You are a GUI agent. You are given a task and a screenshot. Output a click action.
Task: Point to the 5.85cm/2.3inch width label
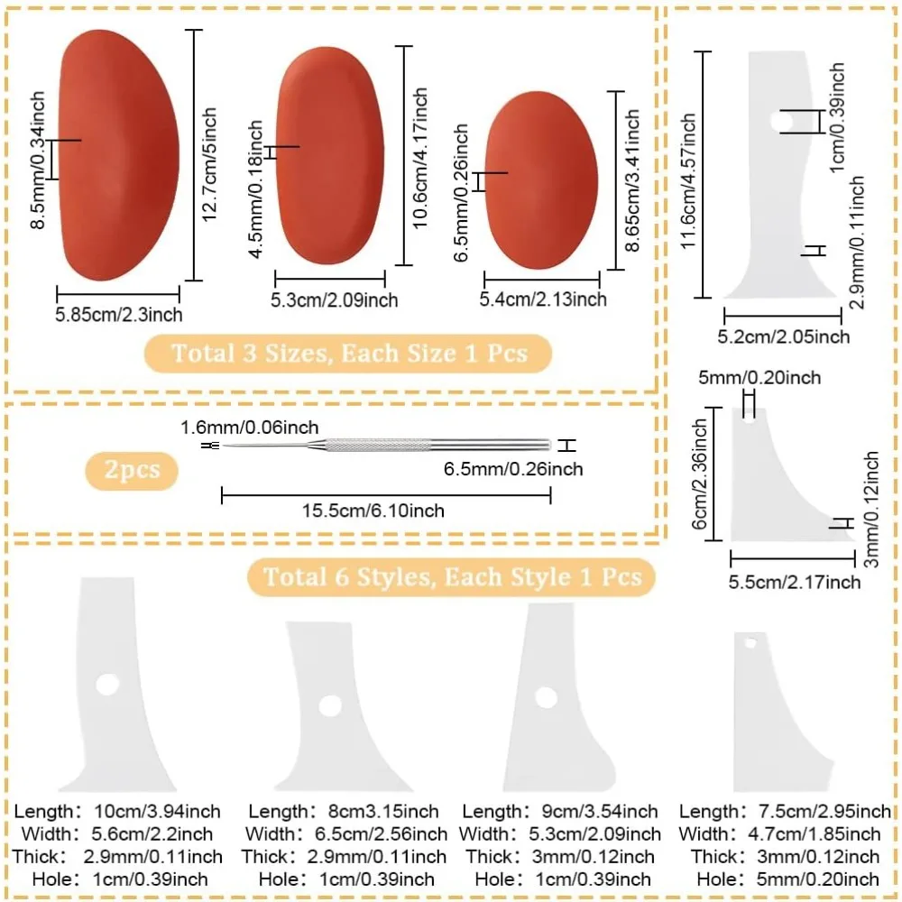point(118,315)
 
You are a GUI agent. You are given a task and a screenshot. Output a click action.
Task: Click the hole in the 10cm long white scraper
point(107,686)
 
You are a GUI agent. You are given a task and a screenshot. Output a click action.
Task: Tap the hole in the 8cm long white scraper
point(329,705)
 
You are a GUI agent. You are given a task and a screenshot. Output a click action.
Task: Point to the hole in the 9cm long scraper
point(545,697)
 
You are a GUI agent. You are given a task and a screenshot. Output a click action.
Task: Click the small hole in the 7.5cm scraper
point(750,643)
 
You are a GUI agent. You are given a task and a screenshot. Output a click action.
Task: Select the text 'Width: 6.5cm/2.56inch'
point(345,833)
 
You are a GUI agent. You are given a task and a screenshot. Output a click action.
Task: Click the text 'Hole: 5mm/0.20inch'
point(784,879)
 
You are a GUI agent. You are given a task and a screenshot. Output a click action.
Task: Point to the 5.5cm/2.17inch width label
point(795,583)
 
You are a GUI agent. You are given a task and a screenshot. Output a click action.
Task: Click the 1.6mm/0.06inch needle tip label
point(249,428)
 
